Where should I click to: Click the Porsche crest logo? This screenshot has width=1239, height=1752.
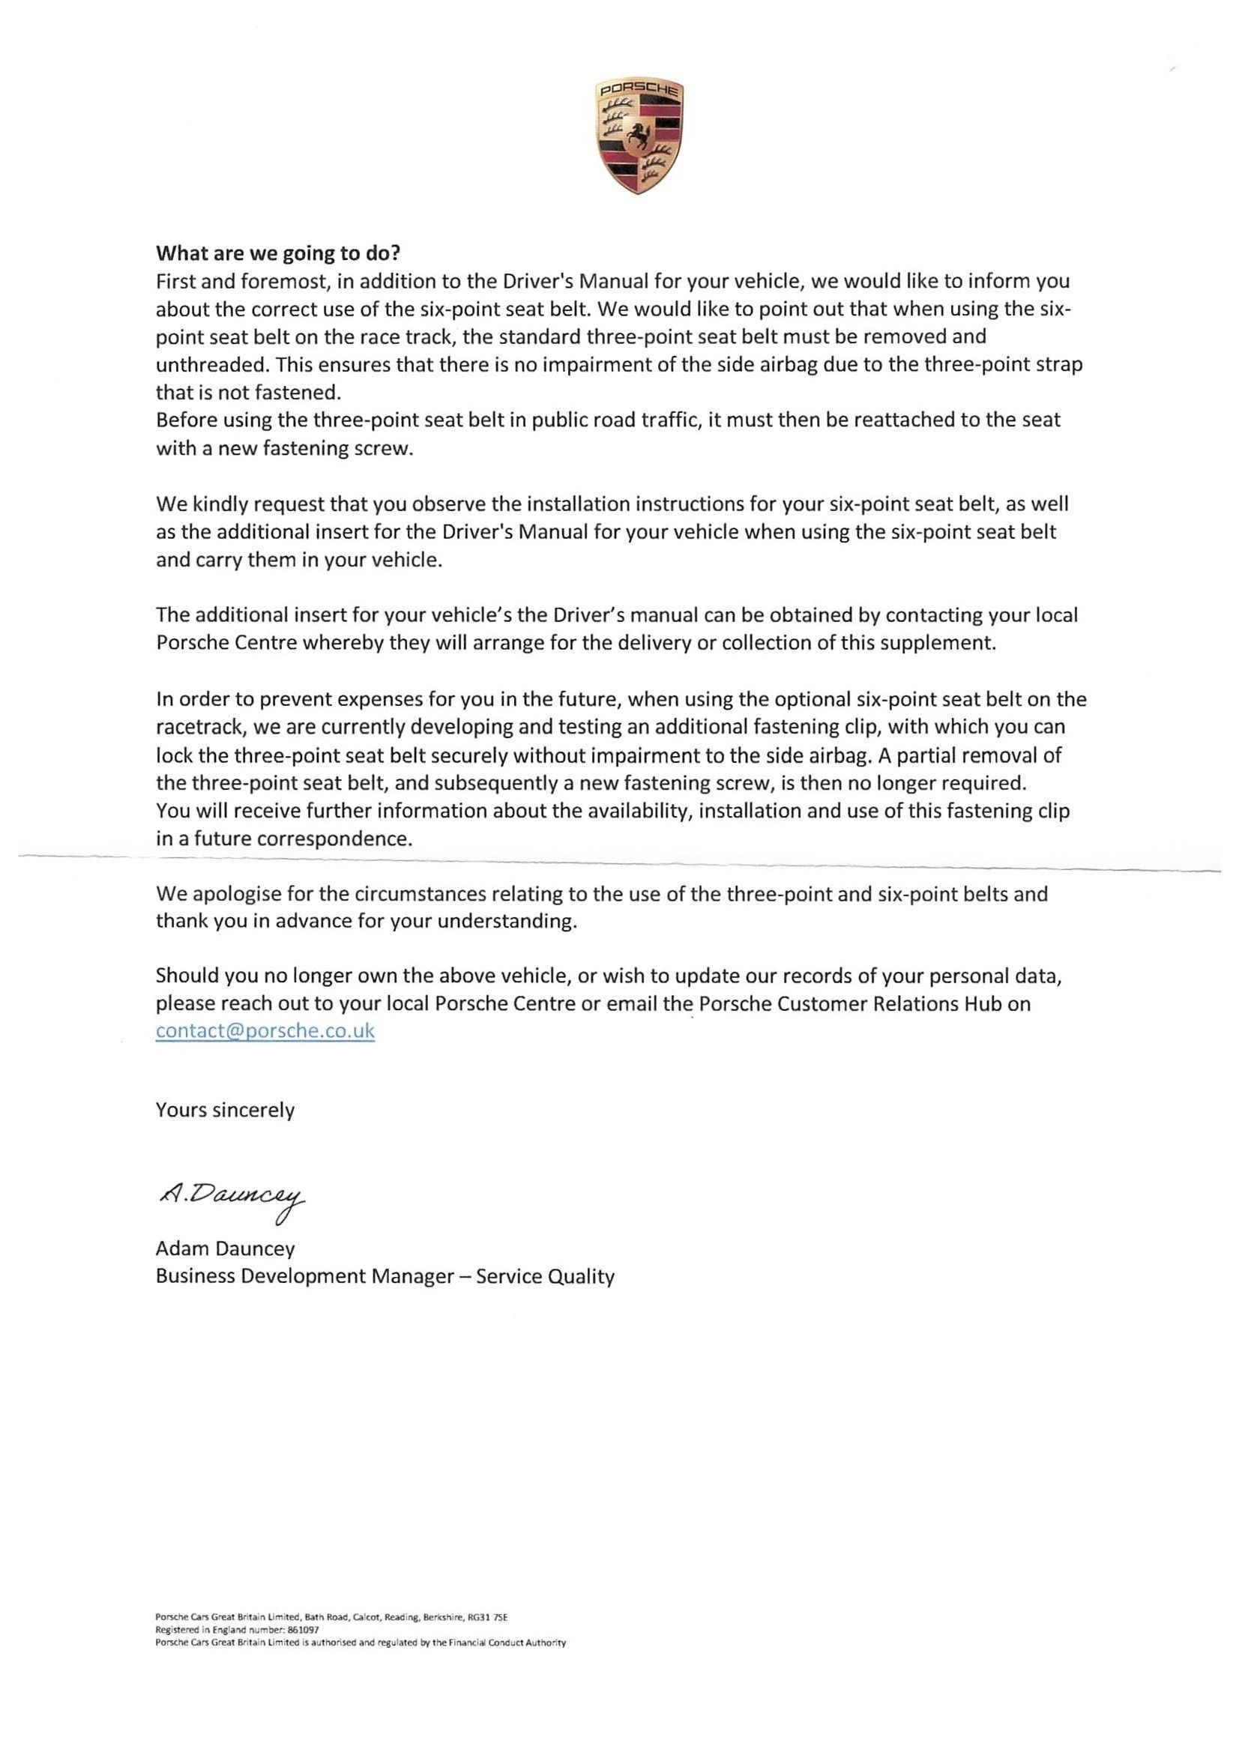637,136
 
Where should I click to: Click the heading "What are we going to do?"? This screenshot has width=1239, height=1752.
278,253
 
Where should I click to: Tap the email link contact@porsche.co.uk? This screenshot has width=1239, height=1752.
265,1031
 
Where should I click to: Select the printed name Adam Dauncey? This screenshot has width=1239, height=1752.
225,1248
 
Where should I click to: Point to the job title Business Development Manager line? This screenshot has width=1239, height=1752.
385,1277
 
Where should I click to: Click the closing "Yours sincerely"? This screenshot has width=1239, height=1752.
225,1110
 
